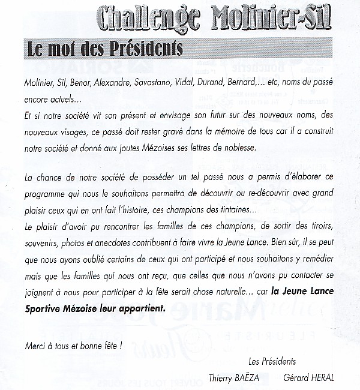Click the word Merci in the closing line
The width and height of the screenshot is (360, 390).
click(x=37, y=346)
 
